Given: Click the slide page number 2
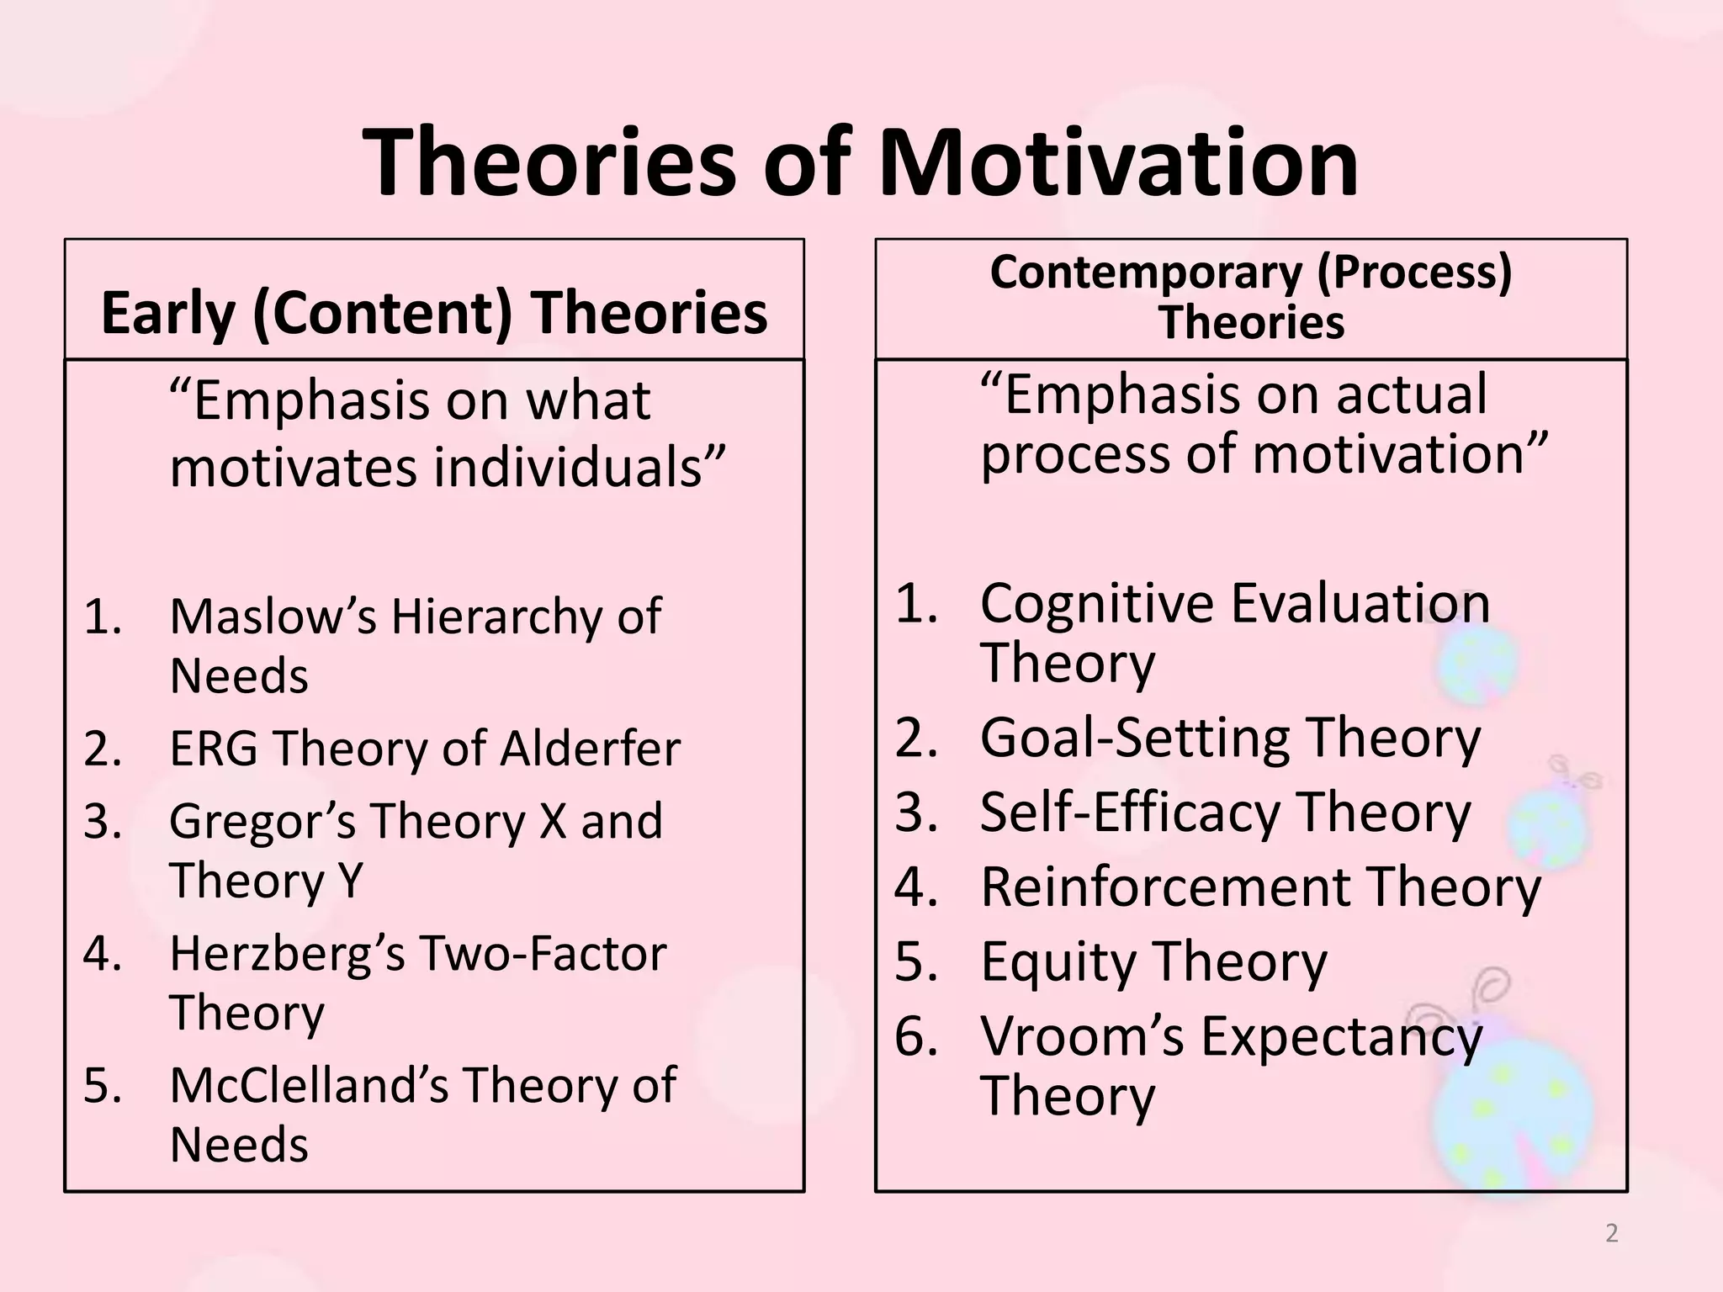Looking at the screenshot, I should click(x=1611, y=1233).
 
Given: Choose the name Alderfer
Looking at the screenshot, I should click(x=590, y=748).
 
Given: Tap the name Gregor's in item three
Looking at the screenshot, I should click(x=262, y=823).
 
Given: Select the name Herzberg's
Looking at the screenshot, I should click(x=287, y=955).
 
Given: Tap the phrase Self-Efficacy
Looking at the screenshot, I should click(x=1129, y=813).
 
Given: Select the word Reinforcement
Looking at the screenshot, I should click(x=1165, y=887).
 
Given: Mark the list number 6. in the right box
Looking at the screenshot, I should click(x=916, y=1037).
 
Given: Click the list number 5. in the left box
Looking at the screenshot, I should click(x=103, y=1086).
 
